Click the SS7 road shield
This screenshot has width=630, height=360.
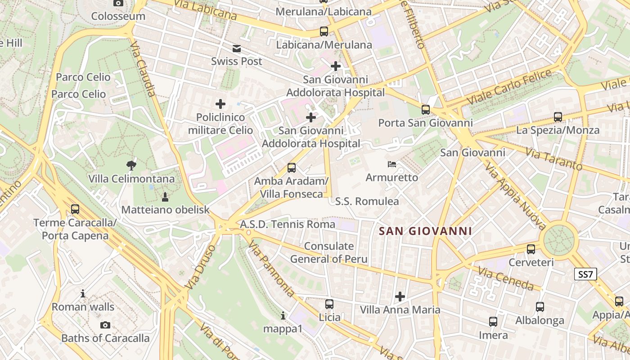coord(586,274)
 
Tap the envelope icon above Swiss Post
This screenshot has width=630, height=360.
coord(237,49)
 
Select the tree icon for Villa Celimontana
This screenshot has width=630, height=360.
coord(131,165)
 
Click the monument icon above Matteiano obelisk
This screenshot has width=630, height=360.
coord(165,197)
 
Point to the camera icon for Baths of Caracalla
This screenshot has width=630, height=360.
coord(105,325)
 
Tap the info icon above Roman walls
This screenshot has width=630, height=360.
coord(83,294)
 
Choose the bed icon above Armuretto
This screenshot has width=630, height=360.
coord(392,164)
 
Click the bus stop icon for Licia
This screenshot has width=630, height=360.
coord(329,304)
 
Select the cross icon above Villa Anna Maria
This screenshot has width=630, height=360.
coord(400,297)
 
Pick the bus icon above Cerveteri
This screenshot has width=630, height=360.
coord(531,249)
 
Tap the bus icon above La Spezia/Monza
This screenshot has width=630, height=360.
coord(558,117)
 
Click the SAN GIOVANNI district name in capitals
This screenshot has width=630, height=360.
coord(425,231)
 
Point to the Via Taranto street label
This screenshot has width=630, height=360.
coord(553,160)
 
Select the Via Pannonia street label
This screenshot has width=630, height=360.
coord(271,269)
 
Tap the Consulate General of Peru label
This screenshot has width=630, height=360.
coord(328,252)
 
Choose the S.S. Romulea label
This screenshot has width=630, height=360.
coord(367,201)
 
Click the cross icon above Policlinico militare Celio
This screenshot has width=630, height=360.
coord(220,104)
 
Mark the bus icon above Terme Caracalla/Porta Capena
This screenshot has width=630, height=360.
coord(75,209)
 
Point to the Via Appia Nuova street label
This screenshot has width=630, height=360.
coord(516,196)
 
